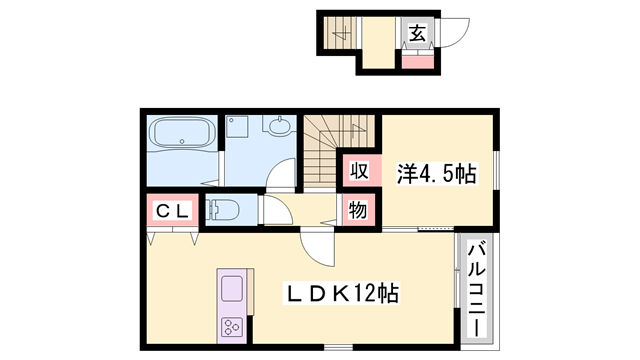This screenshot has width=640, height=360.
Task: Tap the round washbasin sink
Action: [278, 127]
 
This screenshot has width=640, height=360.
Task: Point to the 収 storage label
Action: [358, 170]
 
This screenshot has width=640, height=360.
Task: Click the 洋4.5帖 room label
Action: [438, 172]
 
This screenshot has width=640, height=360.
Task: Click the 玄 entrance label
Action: [417, 32]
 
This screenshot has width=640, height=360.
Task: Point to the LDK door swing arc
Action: [313, 246]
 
